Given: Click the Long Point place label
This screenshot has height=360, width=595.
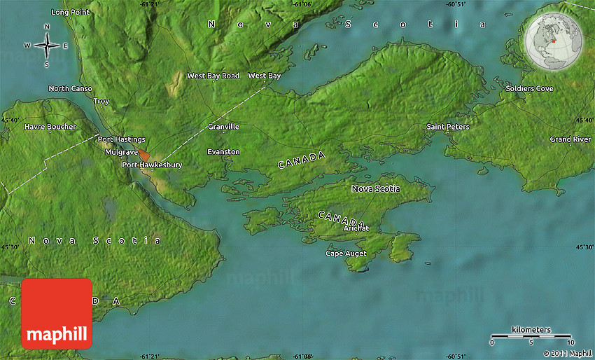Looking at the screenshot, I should coord(70,13).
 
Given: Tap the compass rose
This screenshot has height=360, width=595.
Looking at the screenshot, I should coord(47,46).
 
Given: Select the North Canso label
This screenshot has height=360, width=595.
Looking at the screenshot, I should coord(70,89).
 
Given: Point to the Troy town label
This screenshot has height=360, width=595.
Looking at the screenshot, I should coord(101,102).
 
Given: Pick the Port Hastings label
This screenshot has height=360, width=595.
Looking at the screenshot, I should coord(121,139).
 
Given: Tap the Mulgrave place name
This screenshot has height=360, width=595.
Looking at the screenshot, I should coord(121,152).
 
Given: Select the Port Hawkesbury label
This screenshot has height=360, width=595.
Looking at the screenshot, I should coord(152,165).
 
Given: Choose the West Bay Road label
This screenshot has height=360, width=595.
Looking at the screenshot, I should coord(213,76).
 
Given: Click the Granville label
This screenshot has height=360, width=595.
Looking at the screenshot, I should coord(223,127).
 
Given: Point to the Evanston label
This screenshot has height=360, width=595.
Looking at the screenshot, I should coord(223,152).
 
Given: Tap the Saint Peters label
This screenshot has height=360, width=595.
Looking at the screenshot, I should coord(448,127).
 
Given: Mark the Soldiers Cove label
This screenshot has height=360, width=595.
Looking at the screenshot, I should coord(529,89).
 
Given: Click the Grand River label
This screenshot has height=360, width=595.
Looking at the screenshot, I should coord(570,139).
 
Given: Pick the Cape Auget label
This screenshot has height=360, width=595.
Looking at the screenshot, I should coord(346,254).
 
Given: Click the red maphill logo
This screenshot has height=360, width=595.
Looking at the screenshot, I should coord(57,313).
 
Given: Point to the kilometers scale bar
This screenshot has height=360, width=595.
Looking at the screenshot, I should coord(531,337).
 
